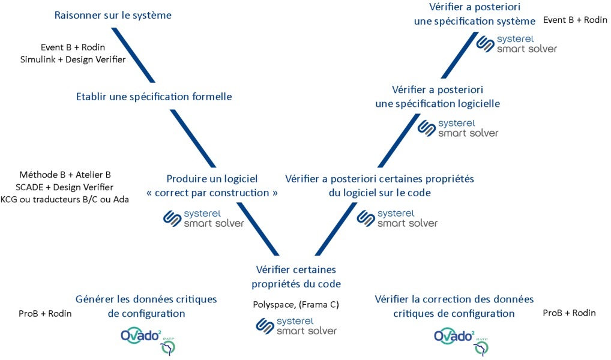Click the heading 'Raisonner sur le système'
tap(113, 16)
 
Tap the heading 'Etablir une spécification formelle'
tap(154, 97)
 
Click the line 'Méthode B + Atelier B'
tap(65, 175)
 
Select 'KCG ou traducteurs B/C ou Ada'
tap(65, 199)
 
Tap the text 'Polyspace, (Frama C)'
tap(296, 305)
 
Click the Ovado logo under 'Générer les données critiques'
tap(147, 338)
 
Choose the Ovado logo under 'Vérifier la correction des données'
tap(461, 338)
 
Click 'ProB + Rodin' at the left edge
tap(45, 313)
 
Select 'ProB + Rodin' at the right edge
tap(569, 313)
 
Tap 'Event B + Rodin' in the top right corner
tap(575, 20)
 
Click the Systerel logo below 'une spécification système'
tap(516, 44)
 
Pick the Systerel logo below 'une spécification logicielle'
tap(458, 128)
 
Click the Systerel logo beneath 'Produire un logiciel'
tap(203, 218)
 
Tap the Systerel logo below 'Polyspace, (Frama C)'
tap(296, 326)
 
